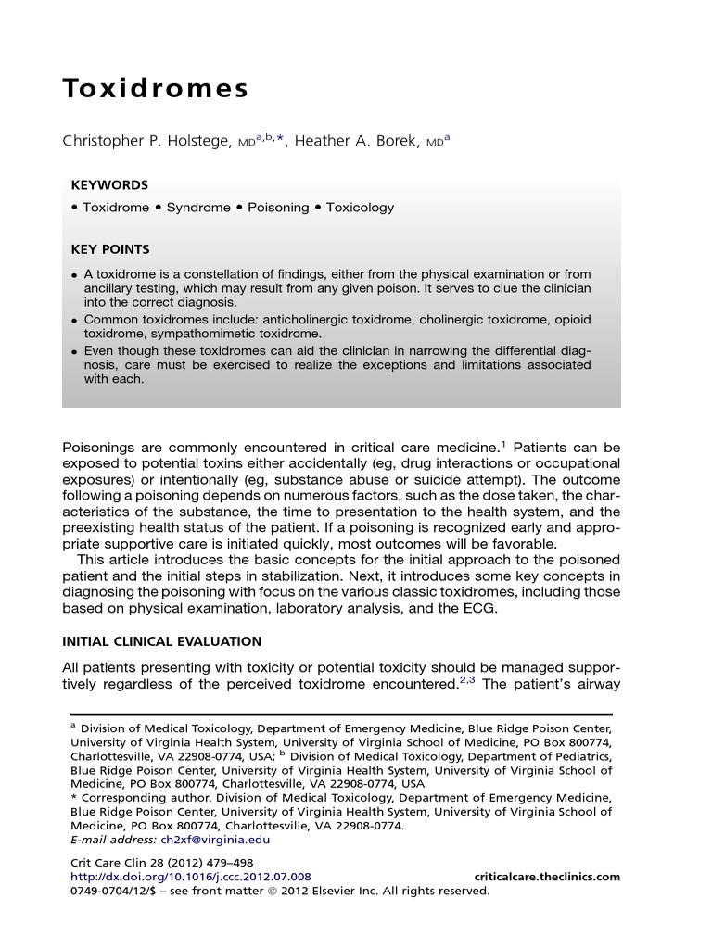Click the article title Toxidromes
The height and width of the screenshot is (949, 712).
click(x=156, y=89)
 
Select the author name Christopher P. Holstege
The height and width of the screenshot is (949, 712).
click(x=147, y=141)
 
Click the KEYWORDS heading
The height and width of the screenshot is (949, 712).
click(x=109, y=185)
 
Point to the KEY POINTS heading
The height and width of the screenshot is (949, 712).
click(x=110, y=249)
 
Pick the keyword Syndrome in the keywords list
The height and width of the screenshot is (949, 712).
click(x=198, y=208)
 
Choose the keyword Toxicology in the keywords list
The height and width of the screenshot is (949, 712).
click(x=359, y=208)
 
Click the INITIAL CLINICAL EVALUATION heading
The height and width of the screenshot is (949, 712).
click(x=161, y=641)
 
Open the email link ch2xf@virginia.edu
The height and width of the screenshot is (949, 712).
click(x=215, y=840)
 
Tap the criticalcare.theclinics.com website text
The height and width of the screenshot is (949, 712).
click(x=547, y=877)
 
